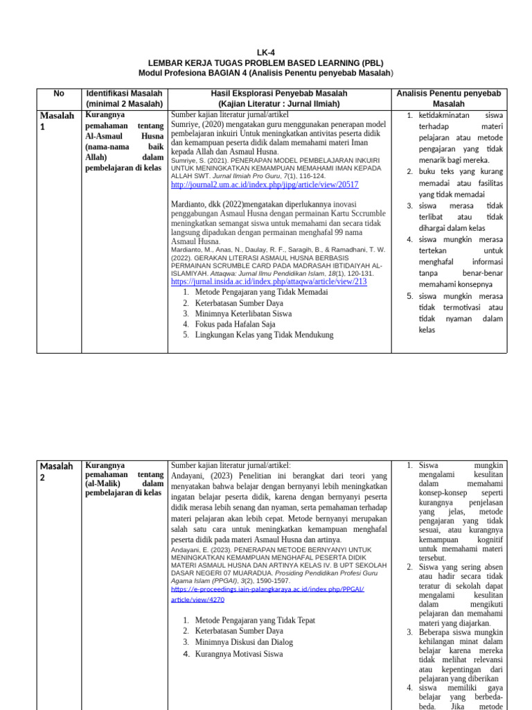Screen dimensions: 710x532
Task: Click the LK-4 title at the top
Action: pyautogui.click(x=265, y=53)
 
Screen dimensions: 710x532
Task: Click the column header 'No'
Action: pyautogui.click(x=59, y=93)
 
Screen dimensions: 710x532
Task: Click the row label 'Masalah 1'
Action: pyautogui.click(x=56, y=121)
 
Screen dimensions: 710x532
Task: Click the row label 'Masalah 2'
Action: pyautogui.click(x=56, y=471)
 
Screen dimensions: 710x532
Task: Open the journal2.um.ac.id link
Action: pyautogui.click(x=265, y=185)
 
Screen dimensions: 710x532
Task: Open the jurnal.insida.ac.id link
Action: pyautogui.click(x=269, y=282)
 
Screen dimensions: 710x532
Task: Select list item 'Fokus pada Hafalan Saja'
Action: pyautogui.click(x=235, y=324)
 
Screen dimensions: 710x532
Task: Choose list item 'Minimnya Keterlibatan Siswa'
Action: pyautogui.click(x=243, y=313)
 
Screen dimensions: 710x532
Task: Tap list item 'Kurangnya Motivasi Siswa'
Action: pyautogui.click(x=239, y=654)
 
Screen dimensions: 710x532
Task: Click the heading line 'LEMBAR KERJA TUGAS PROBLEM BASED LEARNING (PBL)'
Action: pyautogui.click(x=265, y=62)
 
